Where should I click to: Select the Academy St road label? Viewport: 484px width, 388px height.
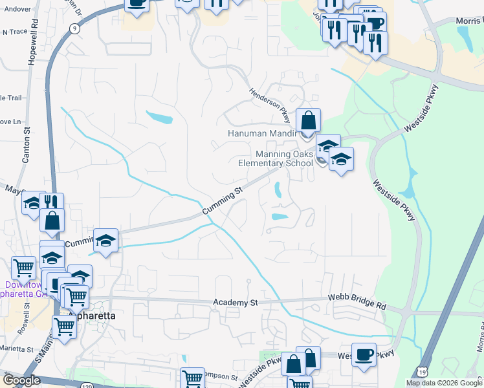tap(236, 302)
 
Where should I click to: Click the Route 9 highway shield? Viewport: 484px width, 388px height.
tap(75, 28)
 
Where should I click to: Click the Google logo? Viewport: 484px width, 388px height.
tap(21, 380)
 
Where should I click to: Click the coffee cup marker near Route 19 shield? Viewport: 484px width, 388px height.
tap(364, 354)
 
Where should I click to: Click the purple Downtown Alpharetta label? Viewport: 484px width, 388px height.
tap(25, 289)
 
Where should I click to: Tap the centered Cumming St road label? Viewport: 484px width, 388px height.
tap(221, 200)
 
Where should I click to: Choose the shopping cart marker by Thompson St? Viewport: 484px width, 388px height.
tap(192, 379)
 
